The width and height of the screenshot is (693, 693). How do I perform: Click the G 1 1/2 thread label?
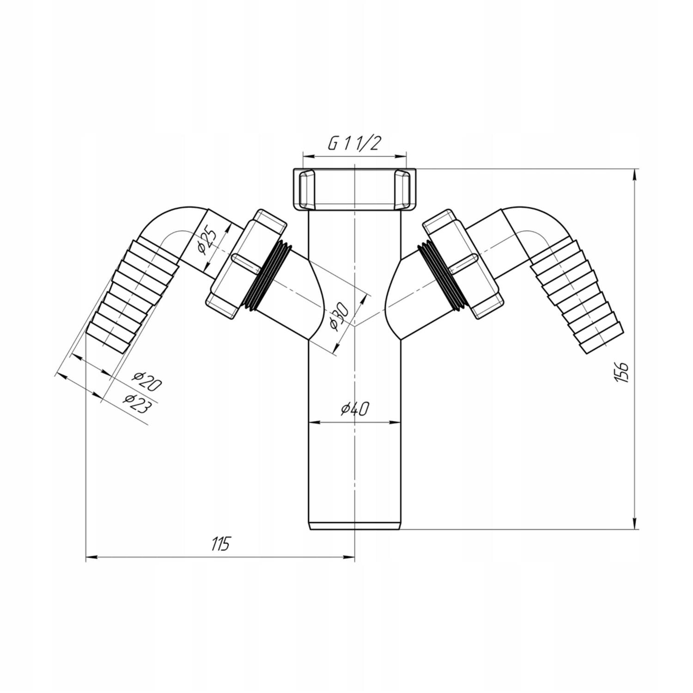pos(354,144)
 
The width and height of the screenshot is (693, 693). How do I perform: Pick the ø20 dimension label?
pos(146,382)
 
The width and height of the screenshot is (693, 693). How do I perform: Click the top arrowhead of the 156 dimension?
pos(636,175)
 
